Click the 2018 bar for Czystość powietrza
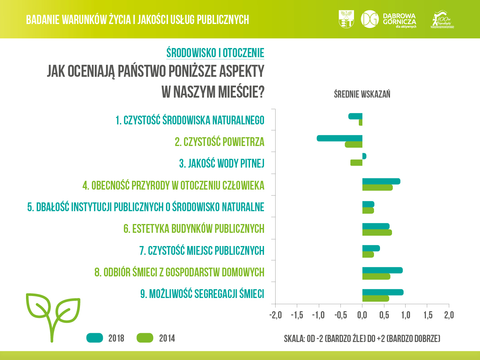pyautogui.click(x=340, y=138)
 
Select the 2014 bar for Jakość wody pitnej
pyautogui.click(x=356, y=163)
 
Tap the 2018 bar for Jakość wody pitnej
pyautogui.click(x=364, y=156)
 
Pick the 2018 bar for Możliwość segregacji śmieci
pyautogui.click(x=383, y=292)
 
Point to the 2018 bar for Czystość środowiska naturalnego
pyautogui.click(x=355, y=116)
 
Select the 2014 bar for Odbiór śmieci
pyautogui.click(x=376, y=276)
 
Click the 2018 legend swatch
pyautogui.click(x=95, y=338)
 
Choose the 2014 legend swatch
pyautogui.click(x=145, y=338)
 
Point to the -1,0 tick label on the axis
pyautogui.click(x=318, y=315)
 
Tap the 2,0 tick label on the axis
pyautogui.click(x=448, y=315)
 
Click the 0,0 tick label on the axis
pyautogui.click(x=362, y=315)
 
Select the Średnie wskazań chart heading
pyautogui.click(x=362, y=94)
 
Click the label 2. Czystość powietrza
pyautogui.click(x=220, y=142)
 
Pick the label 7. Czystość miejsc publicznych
pyautogui.click(x=202, y=251)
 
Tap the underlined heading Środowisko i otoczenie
pyautogui.click(x=215, y=53)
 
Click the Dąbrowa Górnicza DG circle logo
pyautogui.click(x=370, y=19)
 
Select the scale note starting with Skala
pyautogui.click(x=362, y=339)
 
